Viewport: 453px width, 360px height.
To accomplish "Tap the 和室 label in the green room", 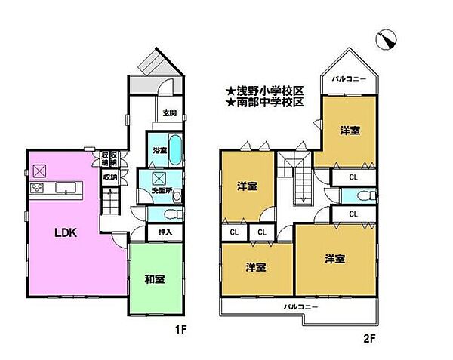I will pos(155,280).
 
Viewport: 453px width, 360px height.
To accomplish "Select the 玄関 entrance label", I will pos(169,114).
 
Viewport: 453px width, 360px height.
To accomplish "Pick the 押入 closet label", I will pos(165,232).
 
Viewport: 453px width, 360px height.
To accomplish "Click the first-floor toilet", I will pos(154,214).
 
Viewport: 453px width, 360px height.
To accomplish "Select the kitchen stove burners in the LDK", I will pos(35,187).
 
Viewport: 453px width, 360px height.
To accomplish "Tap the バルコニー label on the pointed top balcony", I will pos(348,79).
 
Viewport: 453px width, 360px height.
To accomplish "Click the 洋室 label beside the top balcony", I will pos(349,131).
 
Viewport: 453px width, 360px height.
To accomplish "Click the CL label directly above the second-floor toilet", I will pos(353,178).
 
